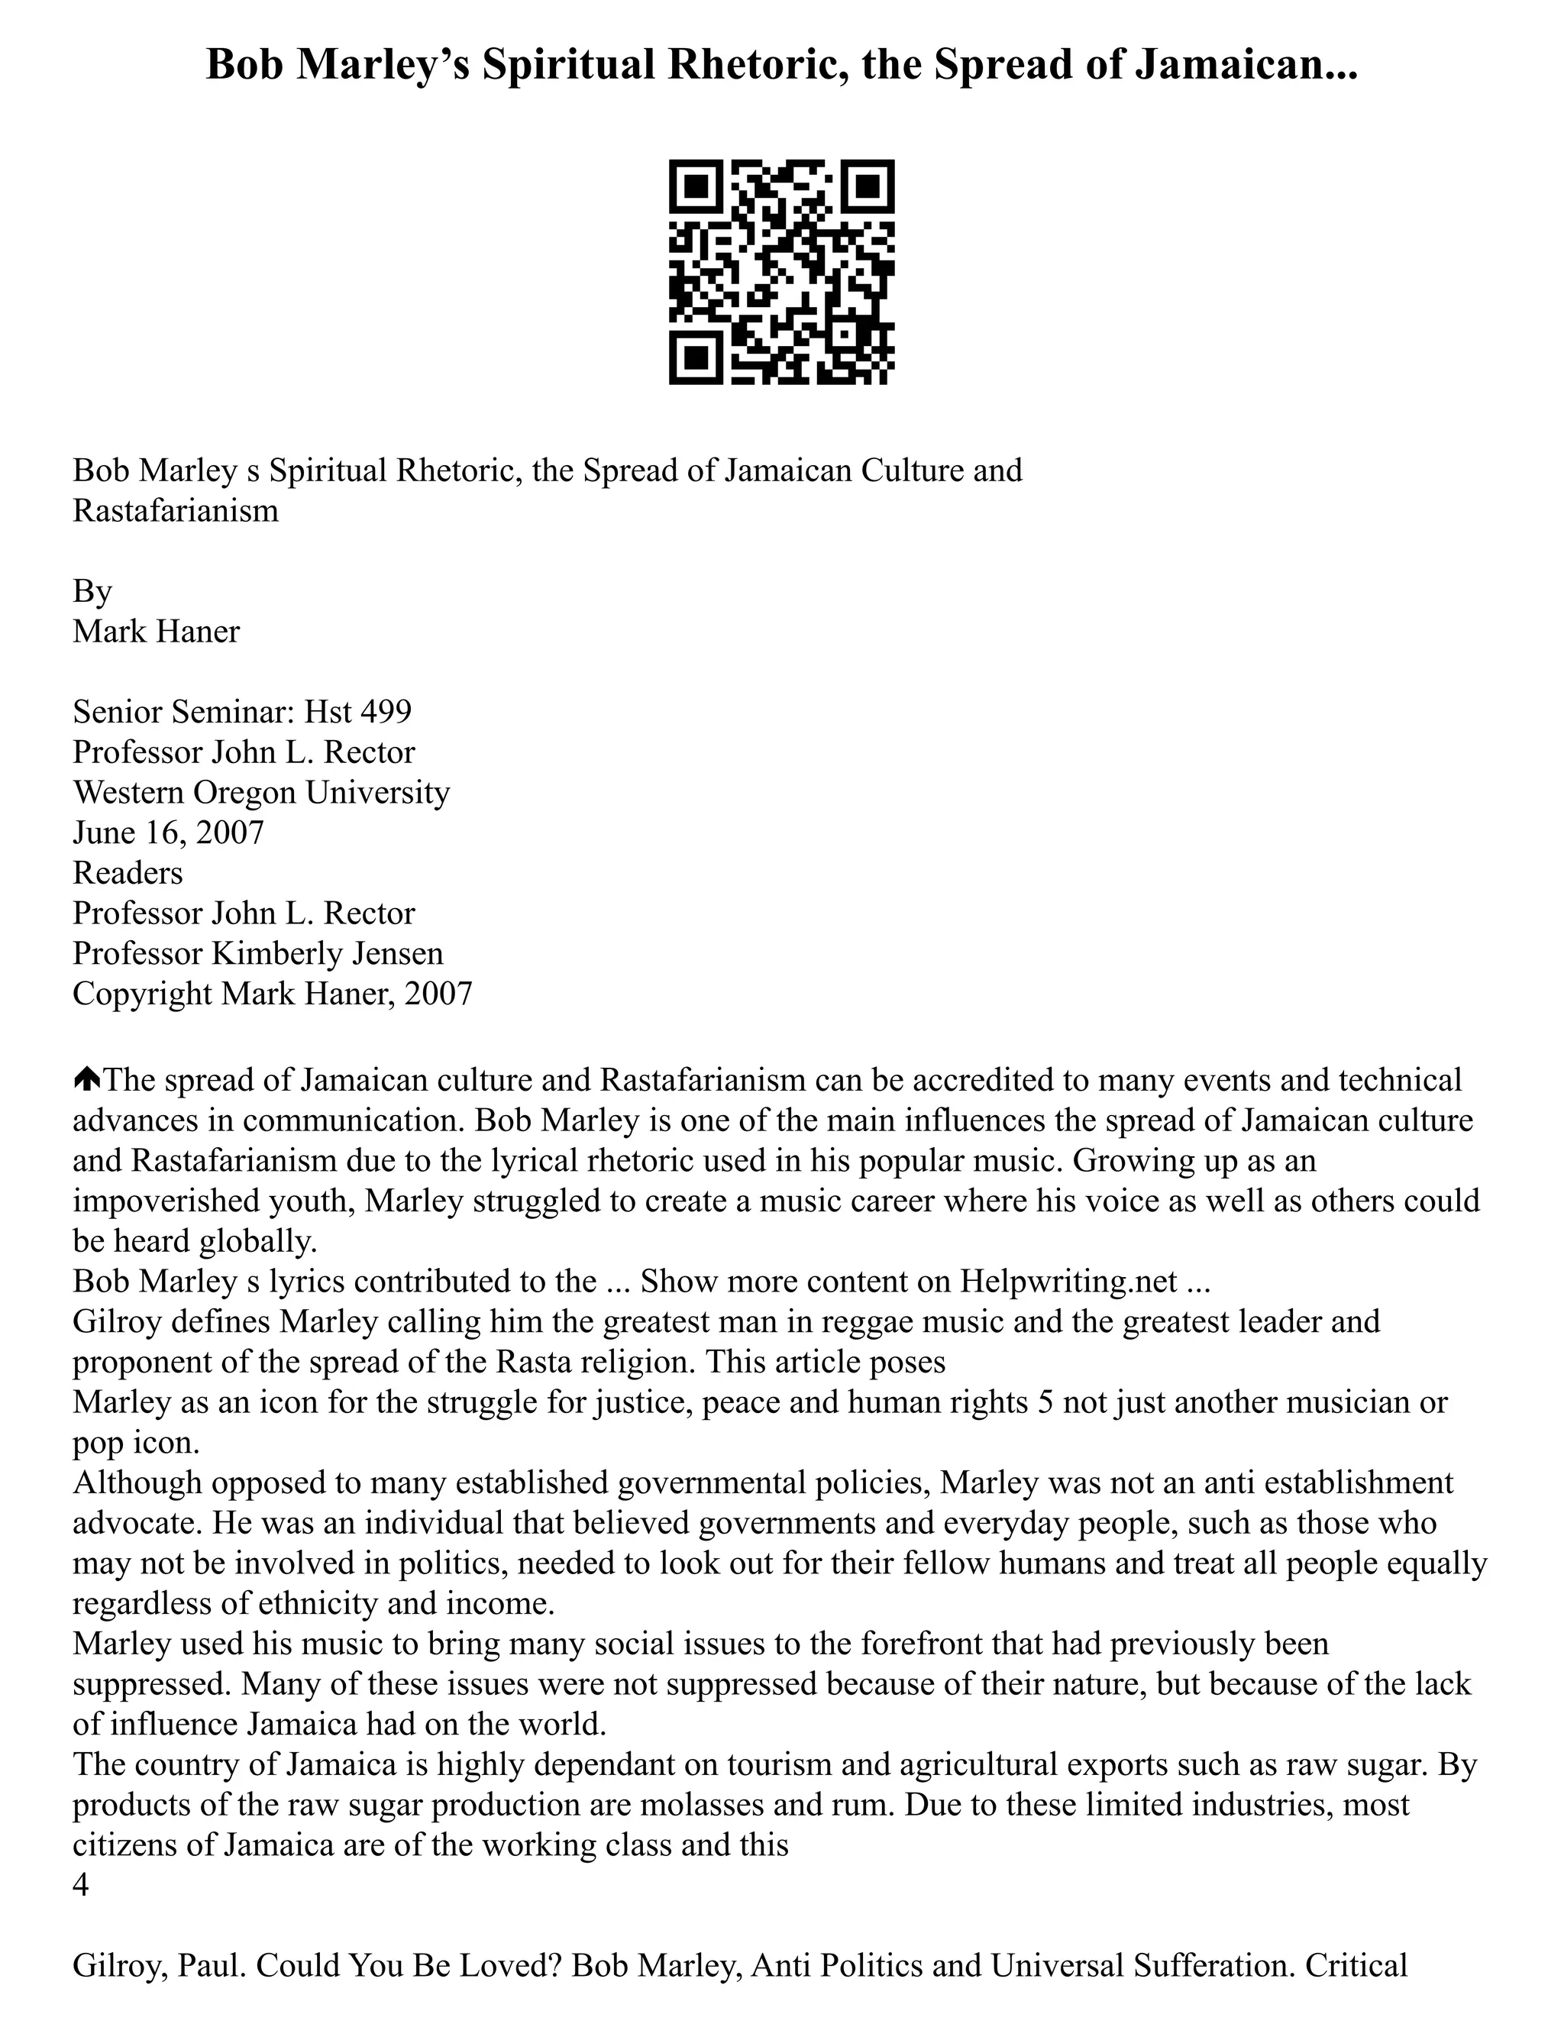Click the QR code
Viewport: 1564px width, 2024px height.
pos(781,272)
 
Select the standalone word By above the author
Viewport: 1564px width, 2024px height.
pos(92,591)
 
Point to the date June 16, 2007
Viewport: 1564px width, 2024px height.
pos(168,833)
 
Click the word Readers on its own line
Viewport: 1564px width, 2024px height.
pos(128,873)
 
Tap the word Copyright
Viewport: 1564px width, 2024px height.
pos(143,994)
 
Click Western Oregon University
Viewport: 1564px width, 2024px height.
pos(261,792)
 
